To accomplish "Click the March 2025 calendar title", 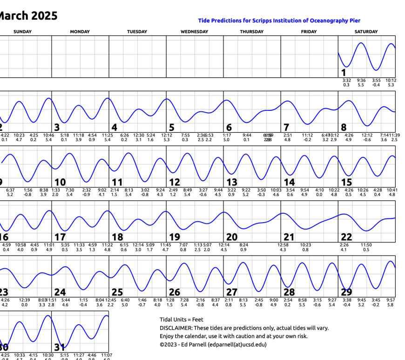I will [x=28, y=15].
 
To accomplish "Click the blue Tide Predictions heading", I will [x=279, y=20].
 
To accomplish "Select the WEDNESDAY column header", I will [x=194, y=32].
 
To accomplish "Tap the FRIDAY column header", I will [x=309, y=32].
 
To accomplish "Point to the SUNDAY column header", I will [x=23, y=32].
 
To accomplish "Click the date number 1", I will [x=344, y=73].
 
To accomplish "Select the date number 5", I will [x=172, y=128].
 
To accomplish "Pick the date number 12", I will [x=175, y=182].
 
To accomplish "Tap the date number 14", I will [x=289, y=182].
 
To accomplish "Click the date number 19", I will [x=175, y=237].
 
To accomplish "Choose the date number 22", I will [x=346, y=237].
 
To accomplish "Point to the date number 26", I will [x=175, y=292].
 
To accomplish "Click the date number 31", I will [x=60, y=347].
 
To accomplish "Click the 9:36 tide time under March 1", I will [x=361, y=80].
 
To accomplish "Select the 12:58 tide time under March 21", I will [x=283, y=245].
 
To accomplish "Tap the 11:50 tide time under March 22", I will [x=366, y=245].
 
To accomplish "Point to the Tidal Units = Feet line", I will [x=182, y=319].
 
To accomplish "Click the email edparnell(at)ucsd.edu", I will [x=237, y=345].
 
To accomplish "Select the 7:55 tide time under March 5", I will [x=185, y=135].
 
